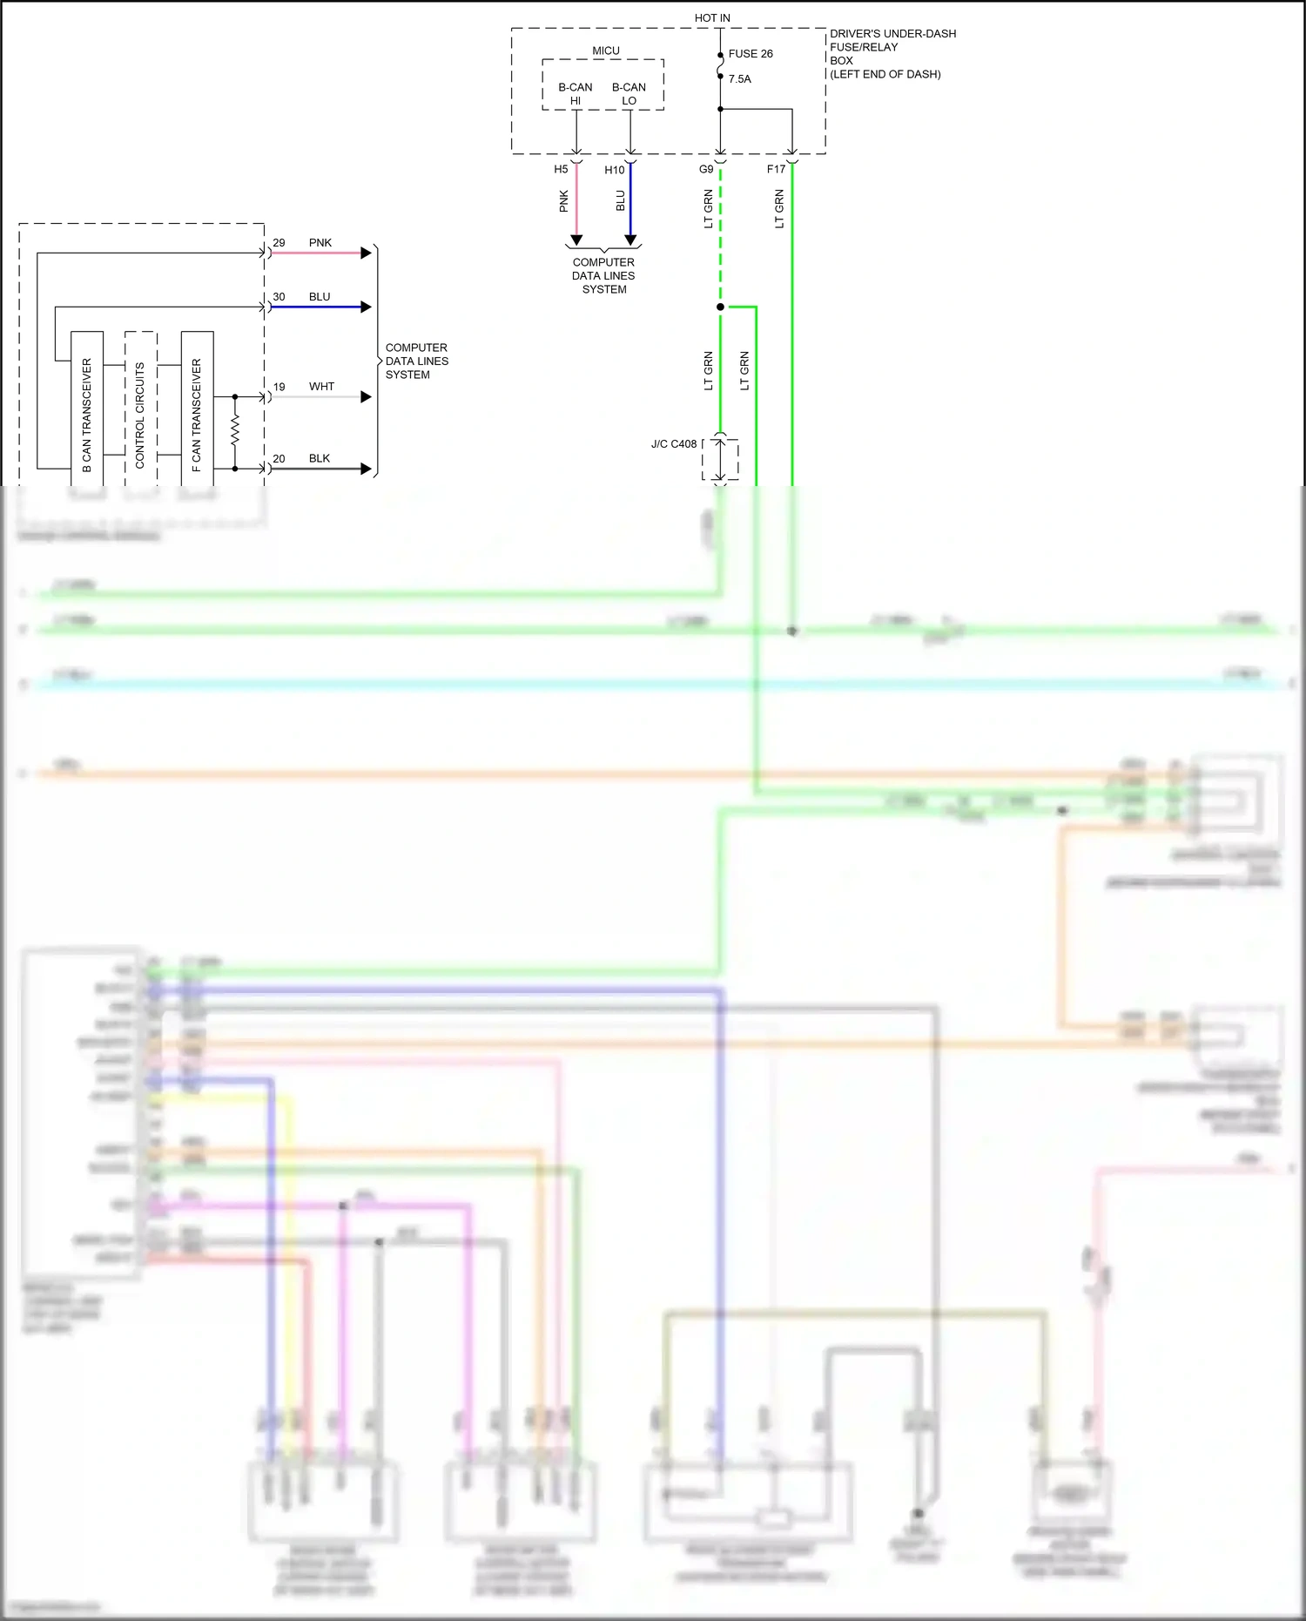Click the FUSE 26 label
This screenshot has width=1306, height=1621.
click(x=750, y=54)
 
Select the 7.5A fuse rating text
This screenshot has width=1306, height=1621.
click(x=739, y=79)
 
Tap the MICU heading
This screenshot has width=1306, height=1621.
click(x=605, y=51)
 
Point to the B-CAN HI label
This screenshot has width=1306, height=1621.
click(x=575, y=94)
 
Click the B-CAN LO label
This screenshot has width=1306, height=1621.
click(x=629, y=94)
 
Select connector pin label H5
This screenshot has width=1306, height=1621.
click(x=561, y=170)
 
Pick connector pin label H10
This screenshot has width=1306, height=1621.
click(x=614, y=171)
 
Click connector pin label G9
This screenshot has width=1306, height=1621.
click(x=706, y=170)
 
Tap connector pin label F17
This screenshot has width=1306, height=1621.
click(x=776, y=170)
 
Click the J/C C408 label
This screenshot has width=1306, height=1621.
click(x=674, y=444)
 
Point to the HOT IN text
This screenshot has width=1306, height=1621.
click(x=712, y=18)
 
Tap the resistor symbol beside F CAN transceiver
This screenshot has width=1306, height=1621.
click(x=235, y=431)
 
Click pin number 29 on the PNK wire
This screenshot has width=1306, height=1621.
click(x=279, y=243)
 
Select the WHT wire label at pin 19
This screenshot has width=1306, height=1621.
click(x=321, y=387)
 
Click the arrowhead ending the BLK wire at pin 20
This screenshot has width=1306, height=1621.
click(x=367, y=469)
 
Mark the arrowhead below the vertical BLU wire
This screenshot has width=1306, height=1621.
click(x=630, y=240)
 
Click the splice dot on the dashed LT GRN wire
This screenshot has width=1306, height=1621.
click(x=720, y=307)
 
